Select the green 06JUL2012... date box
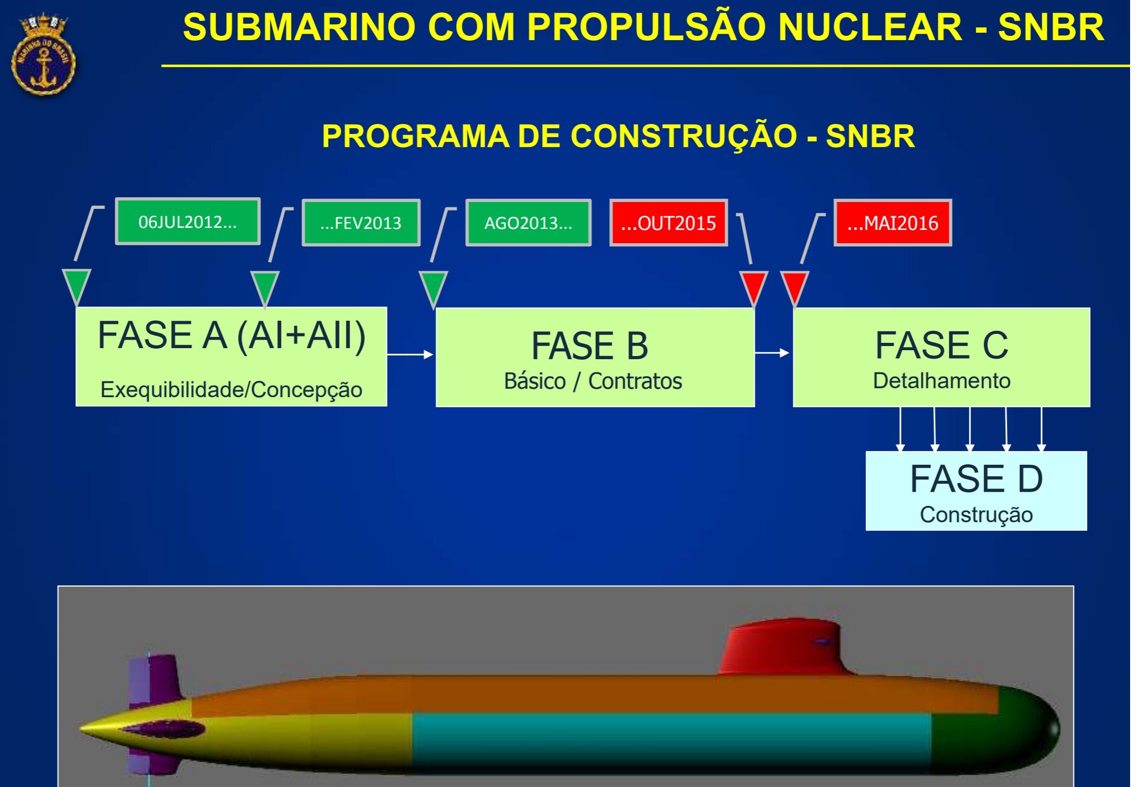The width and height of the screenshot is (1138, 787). pyautogui.click(x=188, y=222)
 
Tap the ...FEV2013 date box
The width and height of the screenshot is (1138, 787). pyautogui.click(x=361, y=223)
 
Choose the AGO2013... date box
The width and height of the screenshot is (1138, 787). pyautogui.click(x=528, y=223)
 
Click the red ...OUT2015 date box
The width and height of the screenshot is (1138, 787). pyautogui.click(x=669, y=223)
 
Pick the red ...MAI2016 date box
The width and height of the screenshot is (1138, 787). pyautogui.click(x=893, y=223)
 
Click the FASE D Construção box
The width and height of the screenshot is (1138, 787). pyautogui.click(x=976, y=491)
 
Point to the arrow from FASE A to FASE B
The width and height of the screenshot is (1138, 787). pyautogui.click(x=410, y=354)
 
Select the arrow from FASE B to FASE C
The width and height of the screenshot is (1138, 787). pyautogui.click(x=773, y=352)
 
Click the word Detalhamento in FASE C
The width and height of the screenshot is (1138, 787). pyautogui.click(x=942, y=381)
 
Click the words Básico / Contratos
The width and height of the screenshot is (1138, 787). pyautogui.click(x=593, y=381)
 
